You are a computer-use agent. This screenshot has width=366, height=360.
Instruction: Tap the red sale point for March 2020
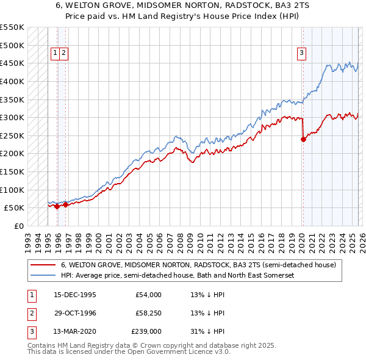click(303, 139)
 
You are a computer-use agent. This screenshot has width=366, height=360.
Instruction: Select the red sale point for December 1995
click(57, 206)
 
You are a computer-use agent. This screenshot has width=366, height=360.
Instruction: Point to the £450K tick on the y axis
click(12, 63)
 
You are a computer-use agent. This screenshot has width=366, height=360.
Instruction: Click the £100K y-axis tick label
click(12, 190)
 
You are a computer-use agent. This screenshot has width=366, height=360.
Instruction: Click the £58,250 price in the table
click(149, 313)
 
